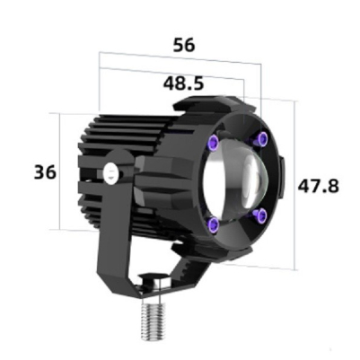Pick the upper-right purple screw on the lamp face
point(261,139)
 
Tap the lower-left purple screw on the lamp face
point(214,224)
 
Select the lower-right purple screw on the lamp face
point(260,215)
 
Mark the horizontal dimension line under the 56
point(180,59)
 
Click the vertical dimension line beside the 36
point(59,171)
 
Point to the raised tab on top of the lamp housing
point(211,105)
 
